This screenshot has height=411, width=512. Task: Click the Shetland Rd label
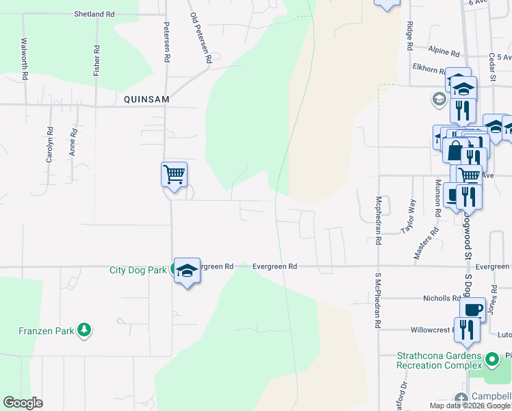tap(94, 14)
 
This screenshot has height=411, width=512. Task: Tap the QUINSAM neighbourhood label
tap(146, 99)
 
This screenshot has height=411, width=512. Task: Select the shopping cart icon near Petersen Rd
tap(174, 175)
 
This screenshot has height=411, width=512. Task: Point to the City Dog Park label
tap(138, 270)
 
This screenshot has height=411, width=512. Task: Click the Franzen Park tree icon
tap(84, 331)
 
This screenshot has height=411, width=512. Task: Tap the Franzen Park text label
tap(46, 332)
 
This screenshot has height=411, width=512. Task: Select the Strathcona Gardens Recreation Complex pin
tap(491, 359)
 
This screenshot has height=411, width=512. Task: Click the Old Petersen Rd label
tap(201, 38)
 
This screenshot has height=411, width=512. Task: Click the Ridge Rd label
tap(409, 36)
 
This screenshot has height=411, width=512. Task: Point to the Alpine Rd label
tap(444, 51)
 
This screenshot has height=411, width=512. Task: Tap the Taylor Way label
tap(409, 216)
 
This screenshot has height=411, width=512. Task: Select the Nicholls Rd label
tap(441, 299)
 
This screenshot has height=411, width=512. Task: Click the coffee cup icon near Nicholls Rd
tap(472, 310)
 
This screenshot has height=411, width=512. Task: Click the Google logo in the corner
tap(23, 403)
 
